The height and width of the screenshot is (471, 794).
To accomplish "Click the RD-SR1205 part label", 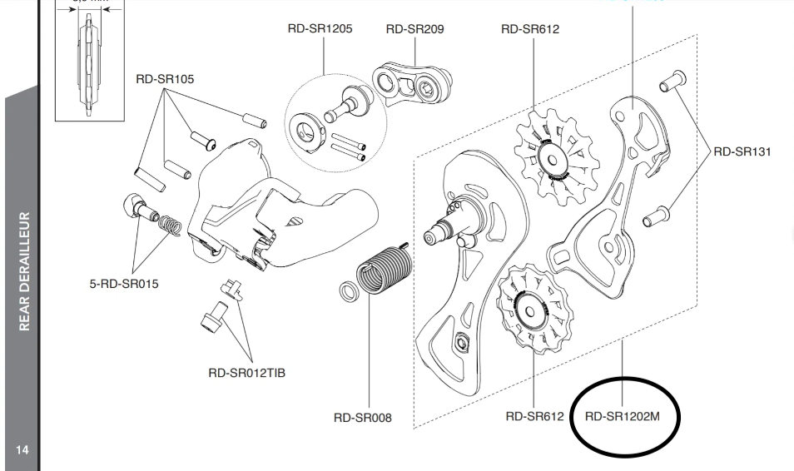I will tap(320, 29).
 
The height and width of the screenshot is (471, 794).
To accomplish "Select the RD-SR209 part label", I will tap(414, 29).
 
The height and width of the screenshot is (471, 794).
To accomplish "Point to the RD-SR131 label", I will tap(742, 151).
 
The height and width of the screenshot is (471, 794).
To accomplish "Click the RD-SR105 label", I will tap(165, 79).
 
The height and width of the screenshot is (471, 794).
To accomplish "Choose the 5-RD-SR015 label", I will tap(124, 284).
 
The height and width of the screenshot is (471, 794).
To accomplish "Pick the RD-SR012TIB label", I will tap(246, 373).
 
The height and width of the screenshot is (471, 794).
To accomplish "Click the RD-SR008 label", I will tap(362, 418).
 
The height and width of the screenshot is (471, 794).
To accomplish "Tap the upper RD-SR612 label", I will tap(529, 29).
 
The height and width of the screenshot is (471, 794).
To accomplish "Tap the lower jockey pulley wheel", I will tap(533, 309).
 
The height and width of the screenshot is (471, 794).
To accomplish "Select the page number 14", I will tap(22, 450).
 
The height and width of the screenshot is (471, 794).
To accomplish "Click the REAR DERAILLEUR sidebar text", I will tap(25, 270).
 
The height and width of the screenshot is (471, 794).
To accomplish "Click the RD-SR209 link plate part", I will tap(413, 83).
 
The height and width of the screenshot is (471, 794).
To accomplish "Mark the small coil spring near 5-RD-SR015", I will tap(169, 225).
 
